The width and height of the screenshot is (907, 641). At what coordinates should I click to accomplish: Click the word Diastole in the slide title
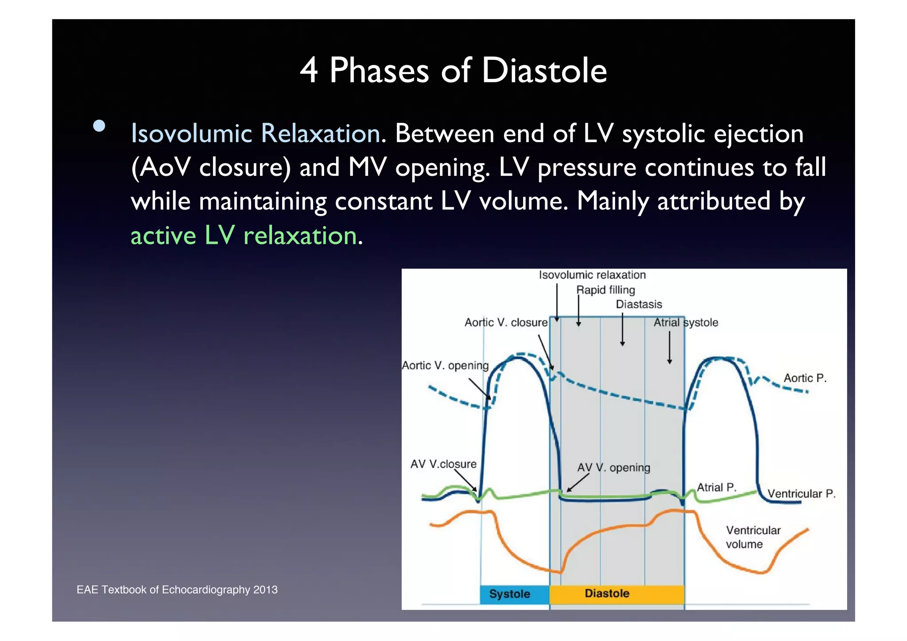point(544,71)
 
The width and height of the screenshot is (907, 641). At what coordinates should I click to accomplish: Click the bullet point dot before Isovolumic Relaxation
point(99,126)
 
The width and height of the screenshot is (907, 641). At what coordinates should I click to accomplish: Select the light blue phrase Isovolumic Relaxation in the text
point(256,133)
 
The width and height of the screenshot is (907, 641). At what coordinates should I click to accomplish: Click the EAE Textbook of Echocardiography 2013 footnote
point(177,590)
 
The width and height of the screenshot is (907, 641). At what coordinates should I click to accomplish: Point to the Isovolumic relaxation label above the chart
point(592,275)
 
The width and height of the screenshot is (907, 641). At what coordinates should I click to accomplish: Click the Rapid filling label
point(605,290)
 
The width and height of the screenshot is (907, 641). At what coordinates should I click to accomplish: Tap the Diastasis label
point(639,304)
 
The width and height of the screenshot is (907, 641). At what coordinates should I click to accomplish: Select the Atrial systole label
point(686,322)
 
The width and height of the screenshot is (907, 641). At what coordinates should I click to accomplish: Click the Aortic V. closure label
point(506,322)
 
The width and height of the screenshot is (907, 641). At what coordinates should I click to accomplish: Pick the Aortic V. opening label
point(445,365)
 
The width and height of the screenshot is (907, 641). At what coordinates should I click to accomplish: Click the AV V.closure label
point(443,464)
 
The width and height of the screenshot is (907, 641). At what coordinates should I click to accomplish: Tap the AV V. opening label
point(613,468)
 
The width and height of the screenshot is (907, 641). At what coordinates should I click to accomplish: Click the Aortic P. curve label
point(805,378)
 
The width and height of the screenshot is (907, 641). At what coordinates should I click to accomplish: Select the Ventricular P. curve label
point(801,493)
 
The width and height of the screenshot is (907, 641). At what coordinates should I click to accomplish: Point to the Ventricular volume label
point(752,537)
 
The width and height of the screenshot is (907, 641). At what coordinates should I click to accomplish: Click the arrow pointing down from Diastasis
point(622,330)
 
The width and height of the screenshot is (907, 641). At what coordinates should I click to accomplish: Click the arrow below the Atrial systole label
point(670,348)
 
